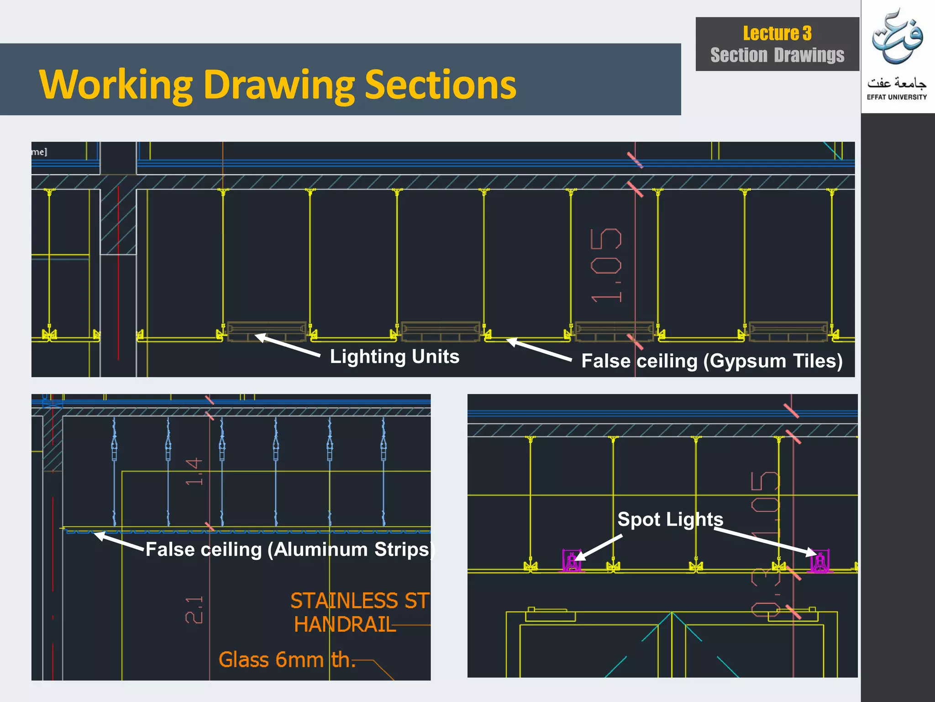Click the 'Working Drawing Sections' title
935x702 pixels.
(278, 85)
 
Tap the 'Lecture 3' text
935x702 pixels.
(777, 33)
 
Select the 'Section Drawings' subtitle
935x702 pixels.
(777, 55)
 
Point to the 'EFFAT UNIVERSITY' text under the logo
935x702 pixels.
(897, 97)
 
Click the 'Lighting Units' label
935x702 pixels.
(394, 356)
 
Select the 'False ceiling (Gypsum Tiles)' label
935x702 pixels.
(712, 361)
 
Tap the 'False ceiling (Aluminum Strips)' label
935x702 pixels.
(289, 549)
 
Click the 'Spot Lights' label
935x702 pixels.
(670, 519)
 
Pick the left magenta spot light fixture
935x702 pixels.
(572, 561)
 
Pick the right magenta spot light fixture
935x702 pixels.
(820, 561)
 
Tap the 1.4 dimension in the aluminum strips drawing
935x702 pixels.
(194, 471)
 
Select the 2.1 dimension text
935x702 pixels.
(194, 610)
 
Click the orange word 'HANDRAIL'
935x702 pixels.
(345, 625)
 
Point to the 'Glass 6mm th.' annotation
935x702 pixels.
(286, 660)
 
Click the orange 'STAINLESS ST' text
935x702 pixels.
(360, 601)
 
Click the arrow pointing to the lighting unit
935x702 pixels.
(288, 346)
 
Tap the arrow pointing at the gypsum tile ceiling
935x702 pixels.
(539, 350)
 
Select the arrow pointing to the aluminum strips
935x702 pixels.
(120, 541)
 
